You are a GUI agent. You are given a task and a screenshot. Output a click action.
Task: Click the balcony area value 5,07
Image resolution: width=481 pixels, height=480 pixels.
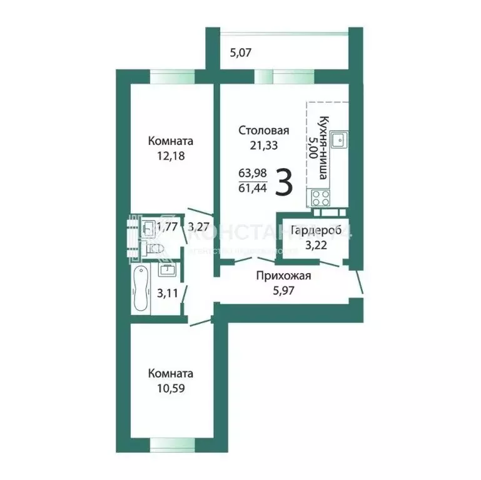(x=241, y=53)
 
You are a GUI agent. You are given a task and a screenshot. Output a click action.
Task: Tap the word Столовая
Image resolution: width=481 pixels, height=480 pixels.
(x=263, y=131)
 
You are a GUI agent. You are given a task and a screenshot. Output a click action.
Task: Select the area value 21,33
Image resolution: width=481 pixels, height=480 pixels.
(x=263, y=145)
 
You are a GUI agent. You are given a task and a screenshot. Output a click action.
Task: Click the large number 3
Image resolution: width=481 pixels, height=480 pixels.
(x=285, y=182)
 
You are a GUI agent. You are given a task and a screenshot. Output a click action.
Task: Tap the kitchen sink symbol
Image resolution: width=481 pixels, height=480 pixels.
(x=338, y=140)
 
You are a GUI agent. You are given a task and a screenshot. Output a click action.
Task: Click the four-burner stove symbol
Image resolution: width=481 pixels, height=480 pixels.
(x=320, y=197)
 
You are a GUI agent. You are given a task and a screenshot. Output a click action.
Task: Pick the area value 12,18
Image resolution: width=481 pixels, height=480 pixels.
(x=161, y=154)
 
